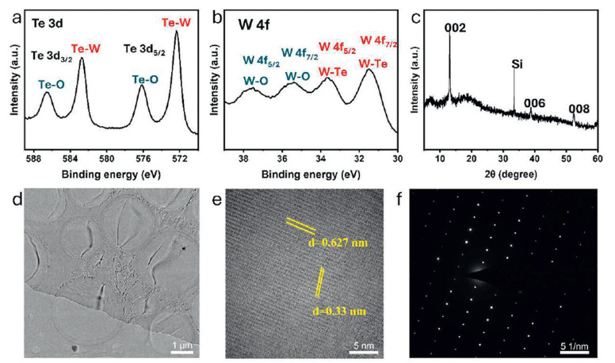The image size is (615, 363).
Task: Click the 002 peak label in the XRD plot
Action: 454,29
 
